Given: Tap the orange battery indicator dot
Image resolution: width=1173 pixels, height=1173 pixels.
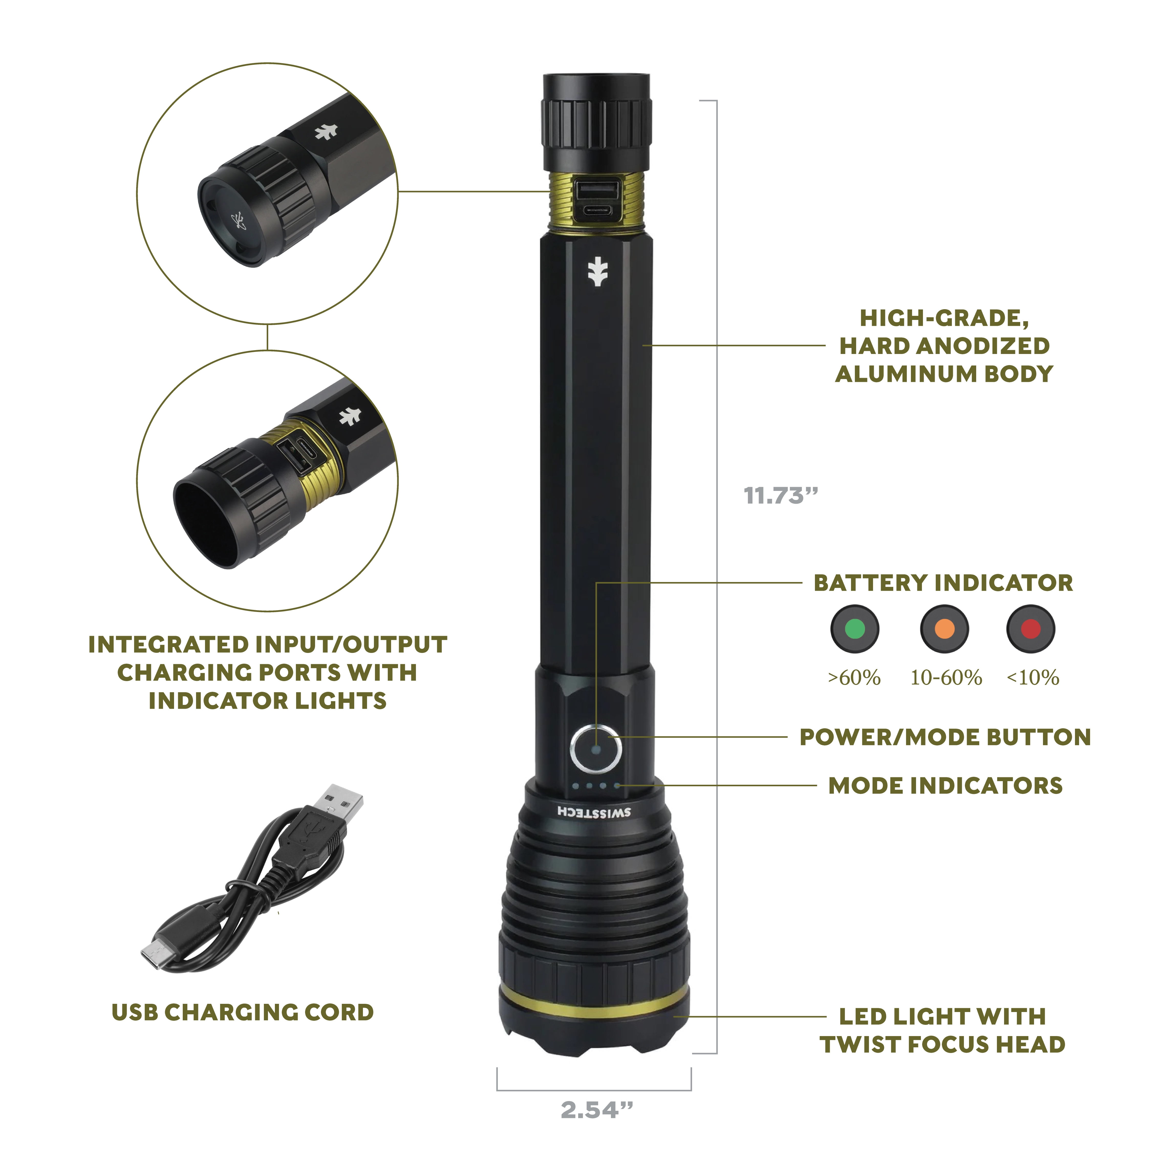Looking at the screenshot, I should pos(944,629).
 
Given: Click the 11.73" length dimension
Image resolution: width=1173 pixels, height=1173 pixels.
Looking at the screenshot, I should pos(781,496).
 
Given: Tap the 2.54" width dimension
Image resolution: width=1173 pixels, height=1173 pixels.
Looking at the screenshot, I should pos(596,1110).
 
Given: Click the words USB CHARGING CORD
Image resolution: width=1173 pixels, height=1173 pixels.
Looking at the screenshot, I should pos(243,1013).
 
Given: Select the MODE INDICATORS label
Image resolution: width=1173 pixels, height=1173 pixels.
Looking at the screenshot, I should pos(945,786).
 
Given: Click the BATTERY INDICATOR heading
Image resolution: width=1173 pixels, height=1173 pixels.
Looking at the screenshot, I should pos(943,583).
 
